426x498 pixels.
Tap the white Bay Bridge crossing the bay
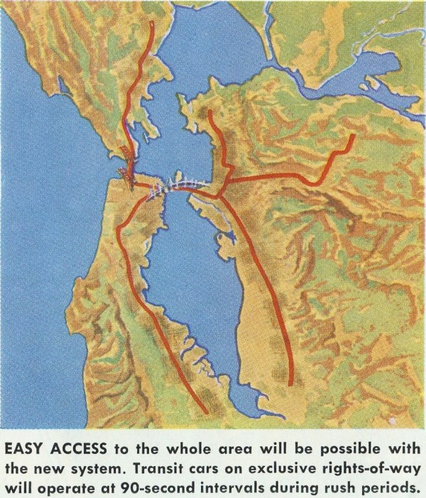[177, 187]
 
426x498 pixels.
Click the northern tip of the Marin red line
[151, 23]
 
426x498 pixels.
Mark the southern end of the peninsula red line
[207, 412]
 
